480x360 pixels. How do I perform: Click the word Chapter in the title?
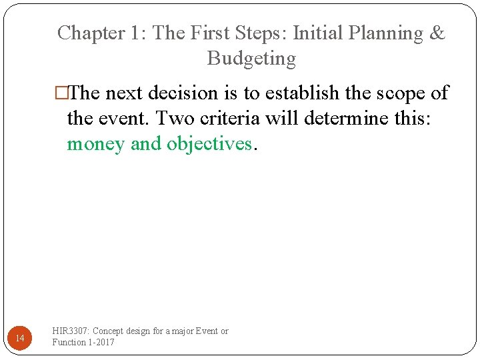pos(87,33)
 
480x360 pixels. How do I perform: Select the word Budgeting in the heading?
pos(251,59)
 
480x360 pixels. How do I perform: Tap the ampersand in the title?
pos(437,33)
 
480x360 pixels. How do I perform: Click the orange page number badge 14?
pos(20,339)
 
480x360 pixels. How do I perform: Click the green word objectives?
pos(209,144)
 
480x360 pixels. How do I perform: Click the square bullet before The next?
pos(61,93)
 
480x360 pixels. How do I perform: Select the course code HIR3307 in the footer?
pos(71,331)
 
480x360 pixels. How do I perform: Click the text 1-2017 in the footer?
pos(101,342)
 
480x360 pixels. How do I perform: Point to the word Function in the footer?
pos(69,342)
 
